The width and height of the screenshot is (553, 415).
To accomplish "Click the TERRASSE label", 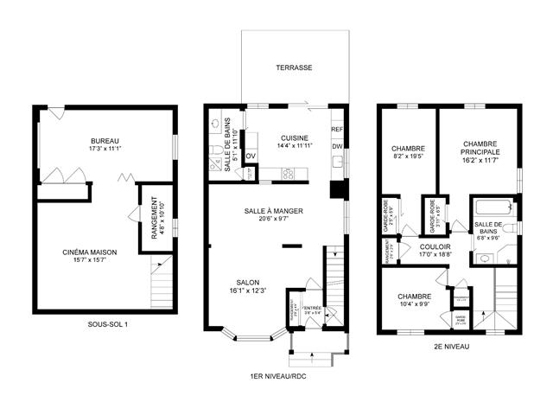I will click(294, 67).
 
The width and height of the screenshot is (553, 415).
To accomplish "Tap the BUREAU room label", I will click(105, 140).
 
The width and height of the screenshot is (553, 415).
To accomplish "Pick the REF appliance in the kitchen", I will click(337, 130).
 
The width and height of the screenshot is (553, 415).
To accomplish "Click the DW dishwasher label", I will click(337, 146).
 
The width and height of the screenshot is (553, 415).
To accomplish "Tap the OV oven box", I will click(251, 156).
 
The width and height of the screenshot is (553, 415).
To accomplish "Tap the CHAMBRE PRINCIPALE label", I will click(480, 148).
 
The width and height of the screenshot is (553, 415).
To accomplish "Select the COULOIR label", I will click(435, 245).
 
